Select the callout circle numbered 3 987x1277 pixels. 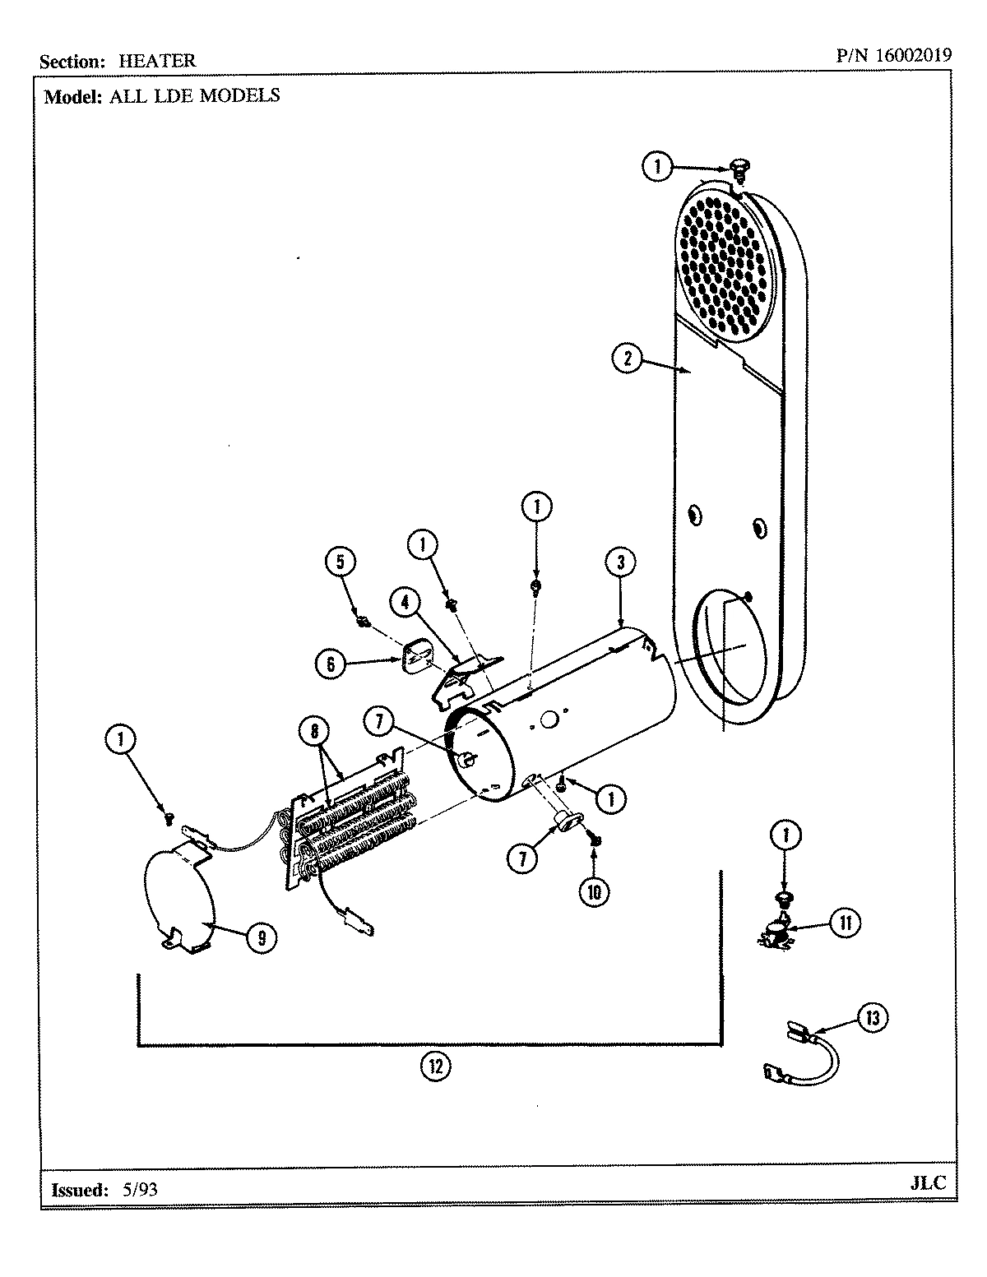pyautogui.click(x=621, y=562)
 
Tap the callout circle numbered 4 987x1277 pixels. pyautogui.click(x=405, y=602)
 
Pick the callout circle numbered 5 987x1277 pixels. pyautogui.click(x=340, y=562)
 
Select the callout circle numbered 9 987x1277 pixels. pyautogui.click(x=261, y=938)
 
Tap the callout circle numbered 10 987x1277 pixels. pyautogui.click(x=594, y=891)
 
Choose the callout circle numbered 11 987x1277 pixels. pyautogui.click(x=845, y=923)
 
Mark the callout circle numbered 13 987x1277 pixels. pyautogui.click(x=872, y=1018)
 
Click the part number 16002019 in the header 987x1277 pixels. pyautogui.click(x=913, y=56)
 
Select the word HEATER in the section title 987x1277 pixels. pyautogui.click(x=157, y=61)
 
